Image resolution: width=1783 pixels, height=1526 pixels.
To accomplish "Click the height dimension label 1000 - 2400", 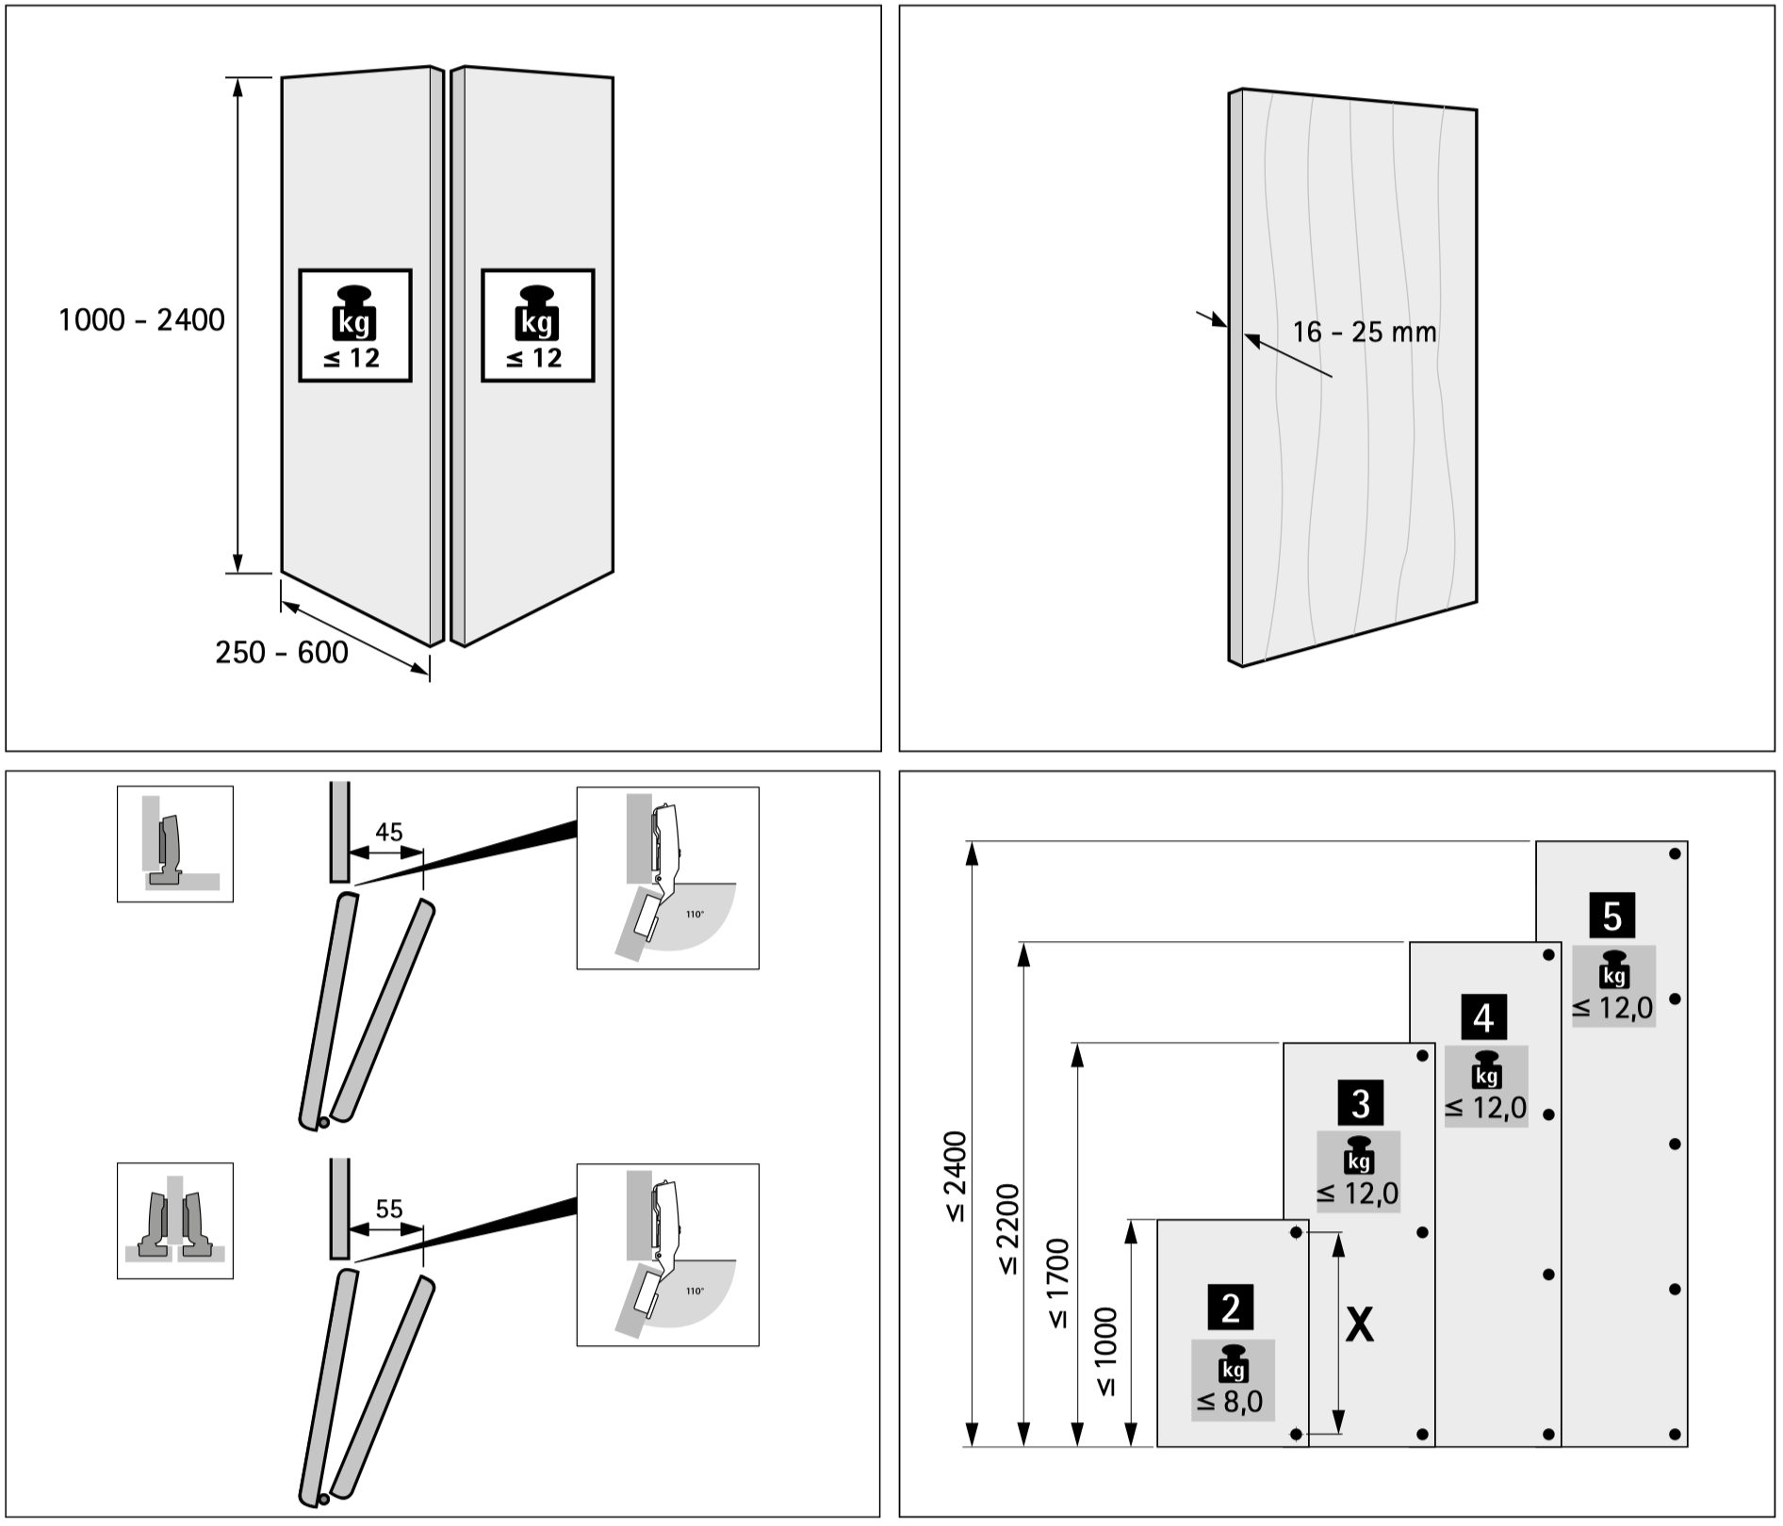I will pyautogui.click(x=142, y=320).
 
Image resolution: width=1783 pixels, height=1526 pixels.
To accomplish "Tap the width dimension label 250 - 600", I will pyautogui.click(x=282, y=652).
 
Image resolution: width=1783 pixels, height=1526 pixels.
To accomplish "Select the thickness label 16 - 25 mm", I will pyautogui.click(x=1364, y=333).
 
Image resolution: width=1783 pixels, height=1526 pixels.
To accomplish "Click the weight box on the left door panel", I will pyautogui.click(x=355, y=326).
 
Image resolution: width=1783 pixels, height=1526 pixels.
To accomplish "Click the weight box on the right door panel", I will pyautogui.click(x=538, y=326).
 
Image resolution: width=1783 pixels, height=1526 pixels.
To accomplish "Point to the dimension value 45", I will pyautogui.click(x=388, y=832).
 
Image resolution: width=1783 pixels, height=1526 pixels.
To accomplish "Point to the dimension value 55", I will pyautogui.click(x=388, y=1209).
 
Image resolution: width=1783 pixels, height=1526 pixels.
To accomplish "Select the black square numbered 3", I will pyautogui.click(x=1360, y=1103).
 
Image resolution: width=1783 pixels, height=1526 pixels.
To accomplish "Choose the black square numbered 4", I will pyautogui.click(x=1484, y=1017).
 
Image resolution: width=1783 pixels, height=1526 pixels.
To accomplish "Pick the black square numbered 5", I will pyautogui.click(x=1611, y=915).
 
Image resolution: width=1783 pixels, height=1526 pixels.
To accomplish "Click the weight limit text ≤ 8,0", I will pyautogui.click(x=1230, y=1403).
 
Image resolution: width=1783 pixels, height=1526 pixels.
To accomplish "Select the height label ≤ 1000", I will pyautogui.click(x=1106, y=1352).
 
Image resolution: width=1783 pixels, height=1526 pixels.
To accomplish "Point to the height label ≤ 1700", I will pyautogui.click(x=1059, y=1283).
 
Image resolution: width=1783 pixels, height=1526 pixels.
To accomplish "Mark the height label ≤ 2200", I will pyautogui.click(x=1007, y=1228).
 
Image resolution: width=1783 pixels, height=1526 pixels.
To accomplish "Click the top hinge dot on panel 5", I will pyautogui.click(x=1675, y=853).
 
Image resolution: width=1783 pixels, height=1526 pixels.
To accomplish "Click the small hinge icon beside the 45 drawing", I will pyautogui.click(x=175, y=844).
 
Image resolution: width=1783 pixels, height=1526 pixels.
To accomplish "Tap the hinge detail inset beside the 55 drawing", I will pyautogui.click(x=667, y=1255).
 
